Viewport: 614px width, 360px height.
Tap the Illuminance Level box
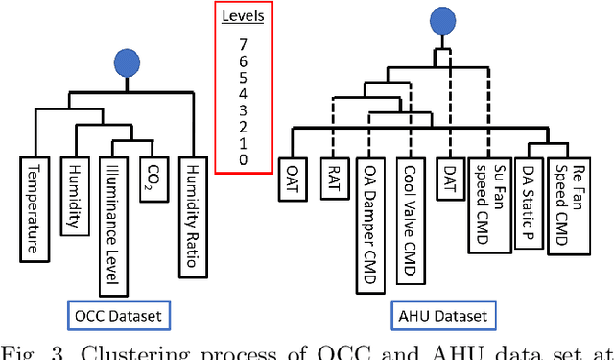point(110,224)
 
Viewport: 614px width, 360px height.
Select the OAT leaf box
point(291,179)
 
